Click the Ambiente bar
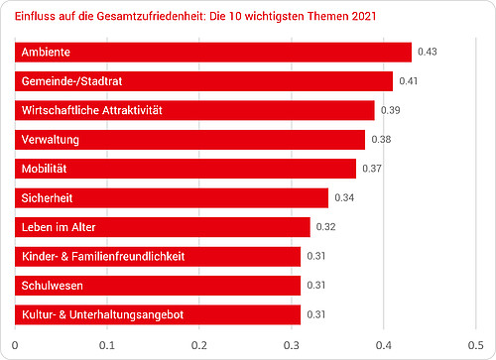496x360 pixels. (x=213, y=52)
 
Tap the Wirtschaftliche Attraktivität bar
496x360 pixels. (x=194, y=110)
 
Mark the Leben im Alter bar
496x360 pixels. (x=163, y=227)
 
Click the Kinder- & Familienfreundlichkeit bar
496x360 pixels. (x=158, y=257)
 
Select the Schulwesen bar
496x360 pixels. (x=158, y=286)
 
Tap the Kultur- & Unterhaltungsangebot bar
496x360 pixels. (x=158, y=315)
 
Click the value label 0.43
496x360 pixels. (x=428, y=52)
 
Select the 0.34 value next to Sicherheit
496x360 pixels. (x=345, y=198)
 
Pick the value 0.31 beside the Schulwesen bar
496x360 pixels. (x=317, y=286)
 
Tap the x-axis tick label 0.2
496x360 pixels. (x=199, y=346)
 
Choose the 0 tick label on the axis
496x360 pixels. (x=15, y=346)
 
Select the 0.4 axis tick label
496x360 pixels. (x=383, y=346)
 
